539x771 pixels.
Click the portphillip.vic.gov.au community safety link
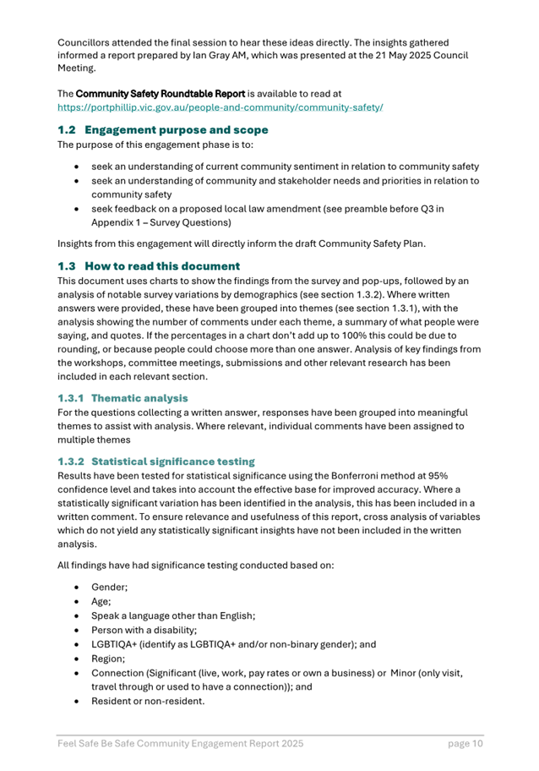coord(220,108)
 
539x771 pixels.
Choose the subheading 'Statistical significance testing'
coord(172,462)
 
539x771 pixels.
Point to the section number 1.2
coord(67,130)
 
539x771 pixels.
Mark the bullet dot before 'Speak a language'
coord(78,614)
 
